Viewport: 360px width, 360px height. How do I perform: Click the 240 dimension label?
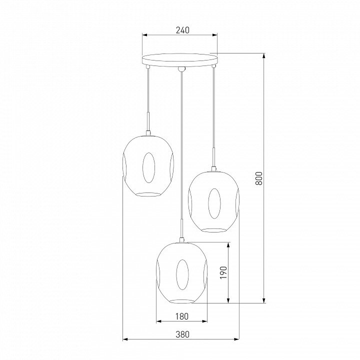183,30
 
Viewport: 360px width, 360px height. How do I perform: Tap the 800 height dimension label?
259,178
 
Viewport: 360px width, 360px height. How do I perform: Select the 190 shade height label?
223,272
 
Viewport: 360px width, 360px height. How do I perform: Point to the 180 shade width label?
182,316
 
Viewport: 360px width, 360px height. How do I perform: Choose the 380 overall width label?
183,334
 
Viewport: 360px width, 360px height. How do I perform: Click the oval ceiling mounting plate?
179,60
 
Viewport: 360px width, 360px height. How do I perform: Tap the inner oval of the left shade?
148,167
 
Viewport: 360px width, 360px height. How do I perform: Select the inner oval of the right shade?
214,203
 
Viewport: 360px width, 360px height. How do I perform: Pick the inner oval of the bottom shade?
182,275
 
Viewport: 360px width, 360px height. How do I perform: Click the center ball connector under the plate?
181,69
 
